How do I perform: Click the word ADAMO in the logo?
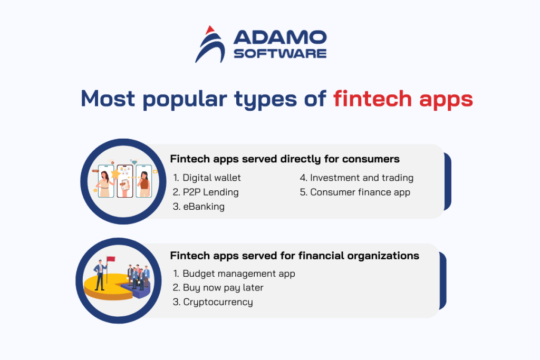click(279, 37)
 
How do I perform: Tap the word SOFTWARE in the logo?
click(279, 53)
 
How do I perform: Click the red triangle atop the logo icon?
click(209, 30)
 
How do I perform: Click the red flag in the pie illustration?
click(111, 260)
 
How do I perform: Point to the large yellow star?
click(114, 174)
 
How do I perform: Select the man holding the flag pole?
click(100, 275)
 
